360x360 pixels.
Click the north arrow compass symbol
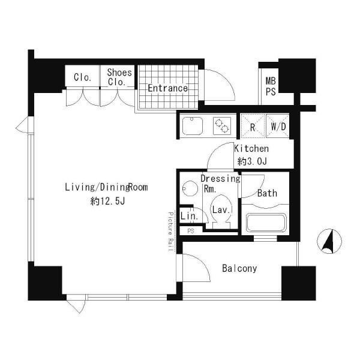(329, 241)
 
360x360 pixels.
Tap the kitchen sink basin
(193, 126)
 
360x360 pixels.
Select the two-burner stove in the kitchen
(222, 126)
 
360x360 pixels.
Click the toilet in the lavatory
(221, 212)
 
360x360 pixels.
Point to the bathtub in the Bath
(266, 223)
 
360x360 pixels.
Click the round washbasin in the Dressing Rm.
(190, 188)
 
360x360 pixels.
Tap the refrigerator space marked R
(253, 126)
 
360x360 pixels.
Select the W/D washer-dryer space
(278, 126)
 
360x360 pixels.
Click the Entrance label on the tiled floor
(167, 88)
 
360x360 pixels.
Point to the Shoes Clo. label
(119, 77)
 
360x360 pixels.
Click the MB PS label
(271, 86)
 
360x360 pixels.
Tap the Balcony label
(239, 268)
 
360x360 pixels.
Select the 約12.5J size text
(107, 202)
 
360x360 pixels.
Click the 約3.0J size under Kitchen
(252, 161)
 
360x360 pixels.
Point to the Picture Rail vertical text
(170, 232)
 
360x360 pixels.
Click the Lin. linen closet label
(189, 216)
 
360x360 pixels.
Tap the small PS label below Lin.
(191, 231)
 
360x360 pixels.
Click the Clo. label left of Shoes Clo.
(83, 77)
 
